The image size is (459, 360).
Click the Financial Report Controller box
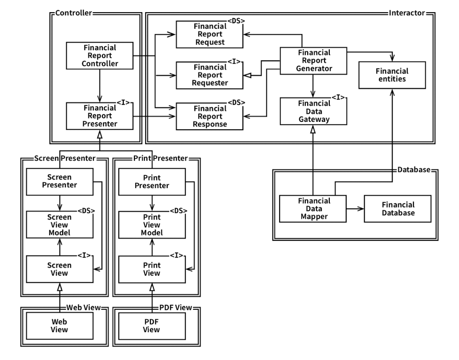100,55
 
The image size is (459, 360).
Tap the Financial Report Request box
209,34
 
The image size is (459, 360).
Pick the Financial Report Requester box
209,75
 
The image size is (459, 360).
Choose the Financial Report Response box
209,116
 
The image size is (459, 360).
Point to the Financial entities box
392,74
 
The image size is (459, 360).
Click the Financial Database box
398,209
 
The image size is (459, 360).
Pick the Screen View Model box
59,226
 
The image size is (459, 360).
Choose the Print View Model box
151,226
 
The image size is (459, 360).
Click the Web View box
59,325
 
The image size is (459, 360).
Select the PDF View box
151,325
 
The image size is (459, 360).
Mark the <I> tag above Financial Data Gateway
339,97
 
